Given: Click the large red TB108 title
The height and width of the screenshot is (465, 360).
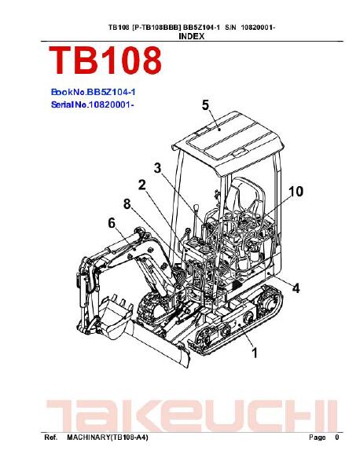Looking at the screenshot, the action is click(x=105, y=60).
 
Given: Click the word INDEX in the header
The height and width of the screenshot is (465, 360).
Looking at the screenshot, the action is click(x=192, y=36).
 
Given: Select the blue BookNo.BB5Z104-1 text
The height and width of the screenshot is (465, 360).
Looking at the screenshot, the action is click(x=94, y=92).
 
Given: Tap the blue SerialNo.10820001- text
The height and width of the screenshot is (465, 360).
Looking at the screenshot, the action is click(x=92, y=104).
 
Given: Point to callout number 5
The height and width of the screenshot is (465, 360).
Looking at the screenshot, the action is click(x=205, y=105).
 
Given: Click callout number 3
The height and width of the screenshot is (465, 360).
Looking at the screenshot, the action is click(x=157, y=168).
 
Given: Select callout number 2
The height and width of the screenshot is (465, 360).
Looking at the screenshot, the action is click(x=142, y=185).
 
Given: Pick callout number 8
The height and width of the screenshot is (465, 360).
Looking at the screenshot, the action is click(x=127, y=204).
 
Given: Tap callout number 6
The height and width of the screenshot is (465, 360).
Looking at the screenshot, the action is click(x=112, y=223).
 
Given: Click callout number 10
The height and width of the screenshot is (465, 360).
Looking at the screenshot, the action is click(x=296, y=192).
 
